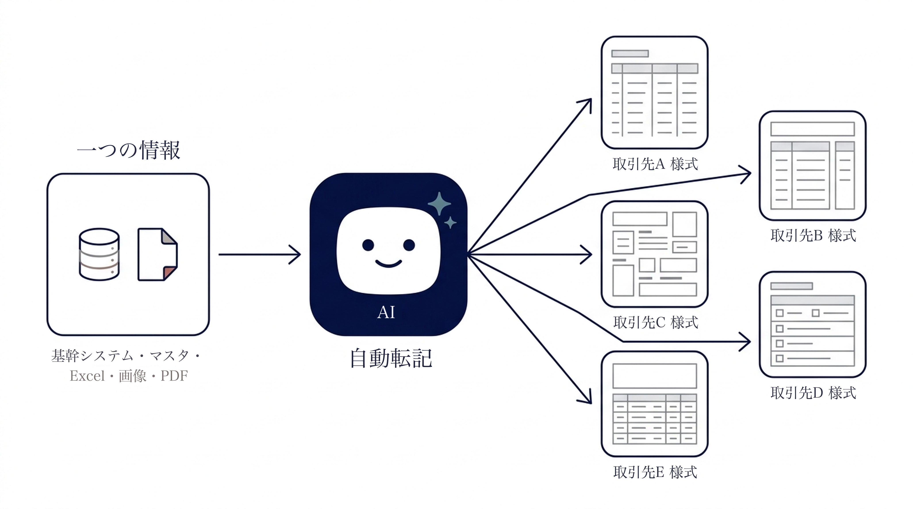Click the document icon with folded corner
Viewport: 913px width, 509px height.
click(157, 254)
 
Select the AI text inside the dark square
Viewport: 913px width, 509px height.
click(386, 312)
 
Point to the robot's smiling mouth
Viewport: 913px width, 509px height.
click(388, 263)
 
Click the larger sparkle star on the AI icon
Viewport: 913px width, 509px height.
click(439, 203)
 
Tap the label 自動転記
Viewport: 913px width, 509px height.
click(391, 358)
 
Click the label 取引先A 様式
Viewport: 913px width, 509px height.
click(655, 164)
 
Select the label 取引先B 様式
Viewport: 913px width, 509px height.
click(813, 235)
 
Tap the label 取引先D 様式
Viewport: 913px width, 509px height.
click(813, 393)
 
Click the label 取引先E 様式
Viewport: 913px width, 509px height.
click(655, 472)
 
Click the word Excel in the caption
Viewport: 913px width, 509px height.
click(87, 376)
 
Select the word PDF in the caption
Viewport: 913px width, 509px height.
click(174, 376)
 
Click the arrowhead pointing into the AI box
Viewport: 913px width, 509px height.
click(295, 254)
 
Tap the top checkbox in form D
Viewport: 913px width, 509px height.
click(779, 313)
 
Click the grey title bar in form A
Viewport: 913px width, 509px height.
click(630, 53)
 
